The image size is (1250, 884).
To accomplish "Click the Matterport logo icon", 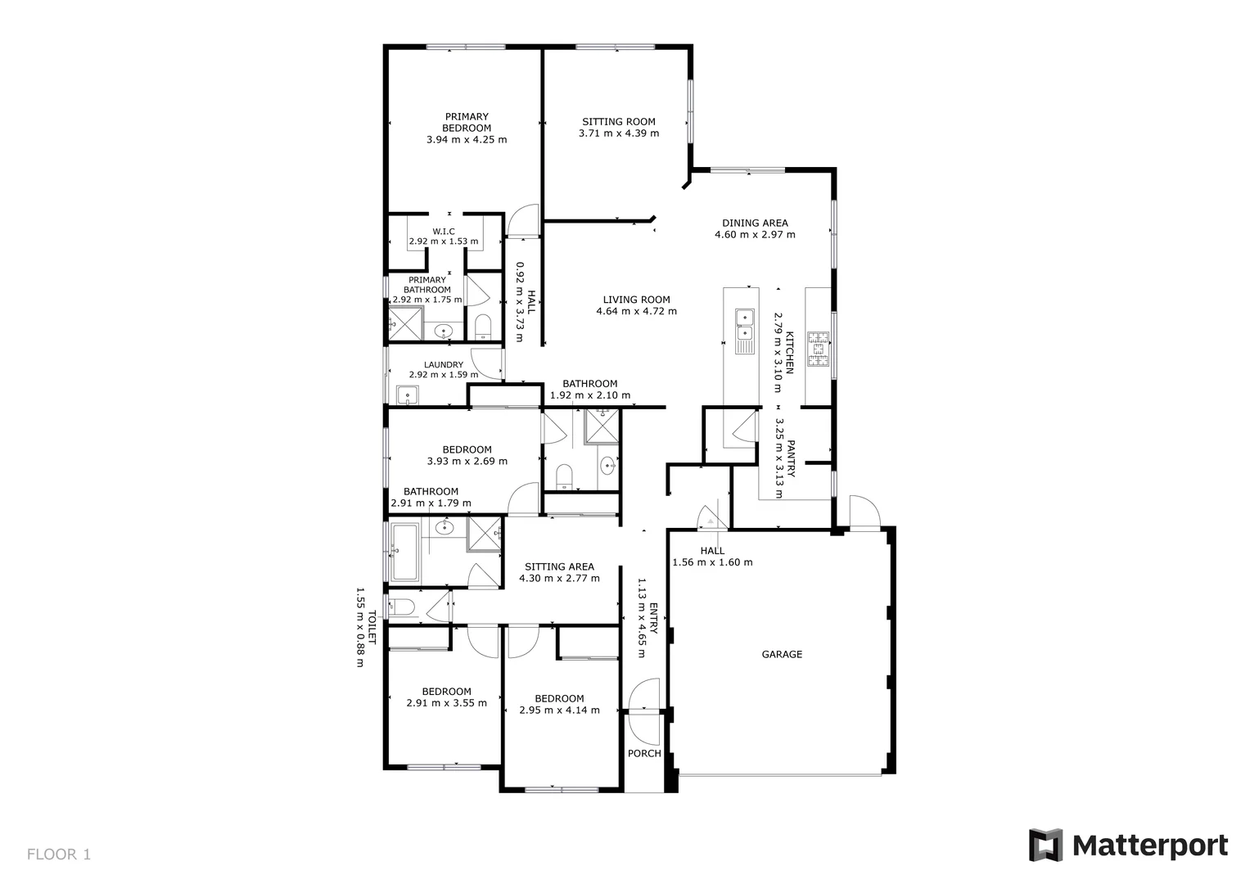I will click(x=1045, y=845).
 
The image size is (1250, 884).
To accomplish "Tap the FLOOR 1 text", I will click(x=59, y=855).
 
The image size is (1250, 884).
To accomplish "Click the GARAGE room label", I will click(x=782, y=654).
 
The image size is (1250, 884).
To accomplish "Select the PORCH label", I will click(x=644, y=753).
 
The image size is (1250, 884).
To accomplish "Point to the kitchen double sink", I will click(x=744, y=324).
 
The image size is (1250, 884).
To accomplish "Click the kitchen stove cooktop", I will click(x=819, y=350).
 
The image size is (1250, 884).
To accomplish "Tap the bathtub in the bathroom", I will click(x=404, y=550).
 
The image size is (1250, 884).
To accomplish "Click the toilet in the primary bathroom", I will click(x=482, y=326).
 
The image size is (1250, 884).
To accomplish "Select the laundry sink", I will click(x=407, y=397).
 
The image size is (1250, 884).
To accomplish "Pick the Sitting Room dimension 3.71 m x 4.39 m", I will click(x=618, y=133).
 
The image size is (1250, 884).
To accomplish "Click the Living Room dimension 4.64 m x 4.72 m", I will click(x=636, y=311).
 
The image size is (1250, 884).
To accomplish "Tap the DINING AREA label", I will click(x=755, y=223).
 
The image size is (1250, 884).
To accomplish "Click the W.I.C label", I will click(x=443, y=232).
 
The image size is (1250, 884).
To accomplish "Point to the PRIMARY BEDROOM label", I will click(x=467, y=122).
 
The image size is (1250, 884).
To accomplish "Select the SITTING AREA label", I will click(x=559, y=566).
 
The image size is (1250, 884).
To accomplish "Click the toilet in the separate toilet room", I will click(x=402, y=607).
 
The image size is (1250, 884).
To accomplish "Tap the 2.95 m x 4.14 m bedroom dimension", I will click(x=559, y=710).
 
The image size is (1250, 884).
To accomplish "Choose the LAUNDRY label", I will click(x=444, y=365).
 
